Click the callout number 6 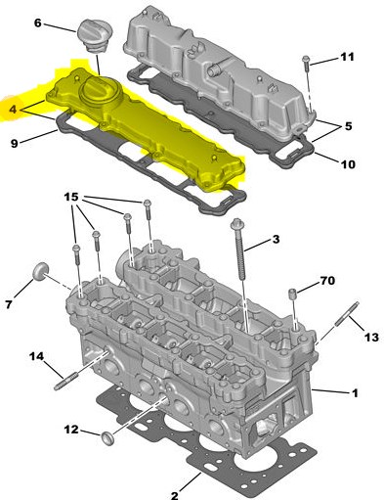pyautogui.click(x=38, y=23)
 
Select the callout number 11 pyautogui.click(x=347, y=57)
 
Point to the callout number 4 pyautogui.click(x=13, y=110)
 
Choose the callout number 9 pyautogui.click(x=15, y=143)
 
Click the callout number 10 pyautogui.click(x=348, y=164)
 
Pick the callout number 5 pyautogui.click(x=349, y=126)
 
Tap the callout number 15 pyautogui.click(x=71, y=197)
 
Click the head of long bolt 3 pyautogui.click(x=235, y=224)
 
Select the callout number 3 pyautogui.click(x=276, y=240)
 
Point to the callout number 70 pyautogui.click(x=327, y=281)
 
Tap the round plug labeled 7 pyautogui.click(x=41, y=271)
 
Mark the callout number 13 pyautogui.click(x=372, y=337)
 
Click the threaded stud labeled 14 pyautogui.click(x=66, y=382)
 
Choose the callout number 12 pyautogui.click(x=71, y=430)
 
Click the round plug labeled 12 pyautogui.click(x=107, y=437)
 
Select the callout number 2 pyautogui.click(x=175, y=495)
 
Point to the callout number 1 pyautogui.click(x=355, y=393)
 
